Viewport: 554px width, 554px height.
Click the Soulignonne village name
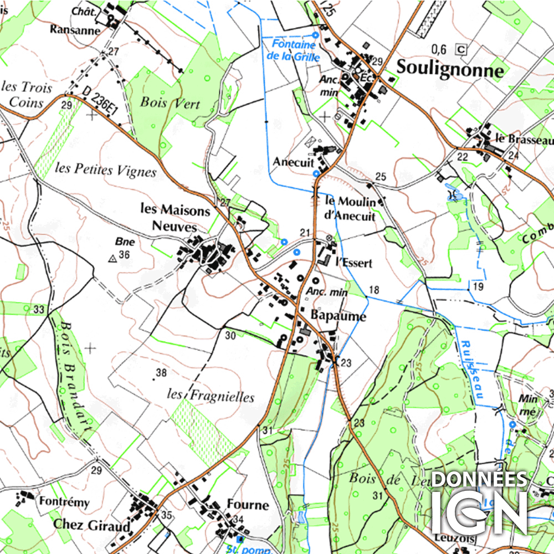(x=450, y=70)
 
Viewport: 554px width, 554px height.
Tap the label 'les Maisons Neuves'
(x=175, y=218)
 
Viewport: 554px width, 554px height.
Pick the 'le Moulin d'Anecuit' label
(x=350, y=208)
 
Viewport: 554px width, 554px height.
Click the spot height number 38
(x=161, y=373)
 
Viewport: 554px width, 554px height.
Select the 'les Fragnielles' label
(x=211, y=396)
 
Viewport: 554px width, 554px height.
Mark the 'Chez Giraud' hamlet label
(x=91, y=524)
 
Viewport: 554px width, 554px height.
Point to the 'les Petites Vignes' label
(x=106, y=171)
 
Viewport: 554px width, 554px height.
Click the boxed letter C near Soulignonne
(x=460, y=49)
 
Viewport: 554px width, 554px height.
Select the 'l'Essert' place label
(x=353, y=263)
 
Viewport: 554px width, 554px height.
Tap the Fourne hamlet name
(x=248, y=505)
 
